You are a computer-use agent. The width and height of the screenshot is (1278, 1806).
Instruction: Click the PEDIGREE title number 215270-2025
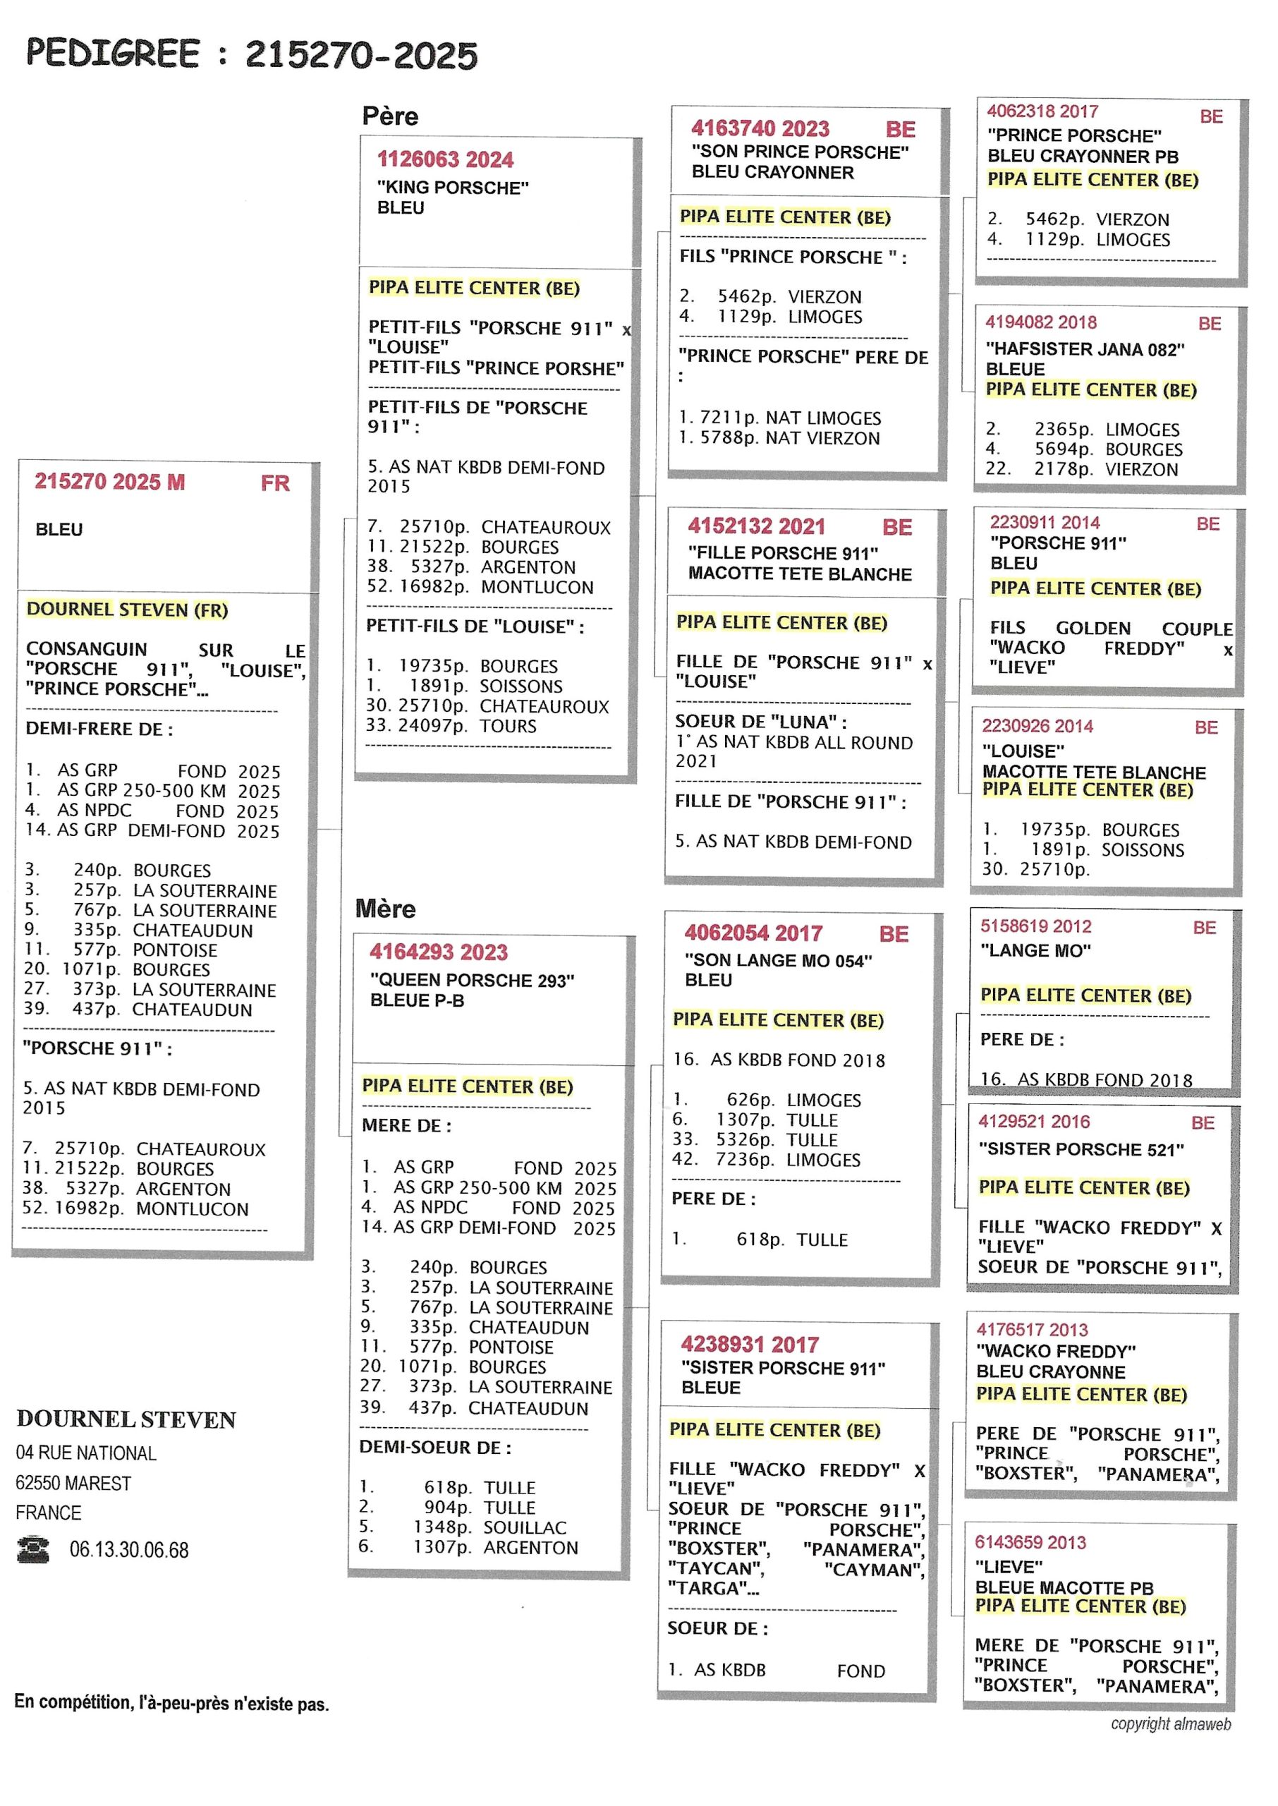361,55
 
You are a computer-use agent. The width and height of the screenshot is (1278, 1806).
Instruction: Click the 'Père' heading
389,116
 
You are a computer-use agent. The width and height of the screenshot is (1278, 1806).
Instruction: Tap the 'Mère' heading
385,909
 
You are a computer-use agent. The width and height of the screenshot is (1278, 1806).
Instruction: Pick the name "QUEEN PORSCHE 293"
472,981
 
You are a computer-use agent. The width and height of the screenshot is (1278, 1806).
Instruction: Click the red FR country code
276,483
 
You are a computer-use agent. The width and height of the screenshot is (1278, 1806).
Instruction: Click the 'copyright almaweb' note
1170,1724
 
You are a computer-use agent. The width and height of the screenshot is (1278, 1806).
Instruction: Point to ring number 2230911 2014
1045,523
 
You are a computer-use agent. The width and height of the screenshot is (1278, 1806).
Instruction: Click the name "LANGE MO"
1035,950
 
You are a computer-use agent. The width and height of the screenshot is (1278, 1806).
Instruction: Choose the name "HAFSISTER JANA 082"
1085,349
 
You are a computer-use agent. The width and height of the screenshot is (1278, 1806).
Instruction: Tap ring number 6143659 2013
1030,1542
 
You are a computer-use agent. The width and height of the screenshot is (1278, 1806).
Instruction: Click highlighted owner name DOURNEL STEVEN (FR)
127,609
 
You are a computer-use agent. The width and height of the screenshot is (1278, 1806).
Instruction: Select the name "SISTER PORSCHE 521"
1081,1150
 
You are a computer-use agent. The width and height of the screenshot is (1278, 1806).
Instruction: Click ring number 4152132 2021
756,526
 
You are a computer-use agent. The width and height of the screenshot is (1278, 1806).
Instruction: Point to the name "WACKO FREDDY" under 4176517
1056,1351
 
